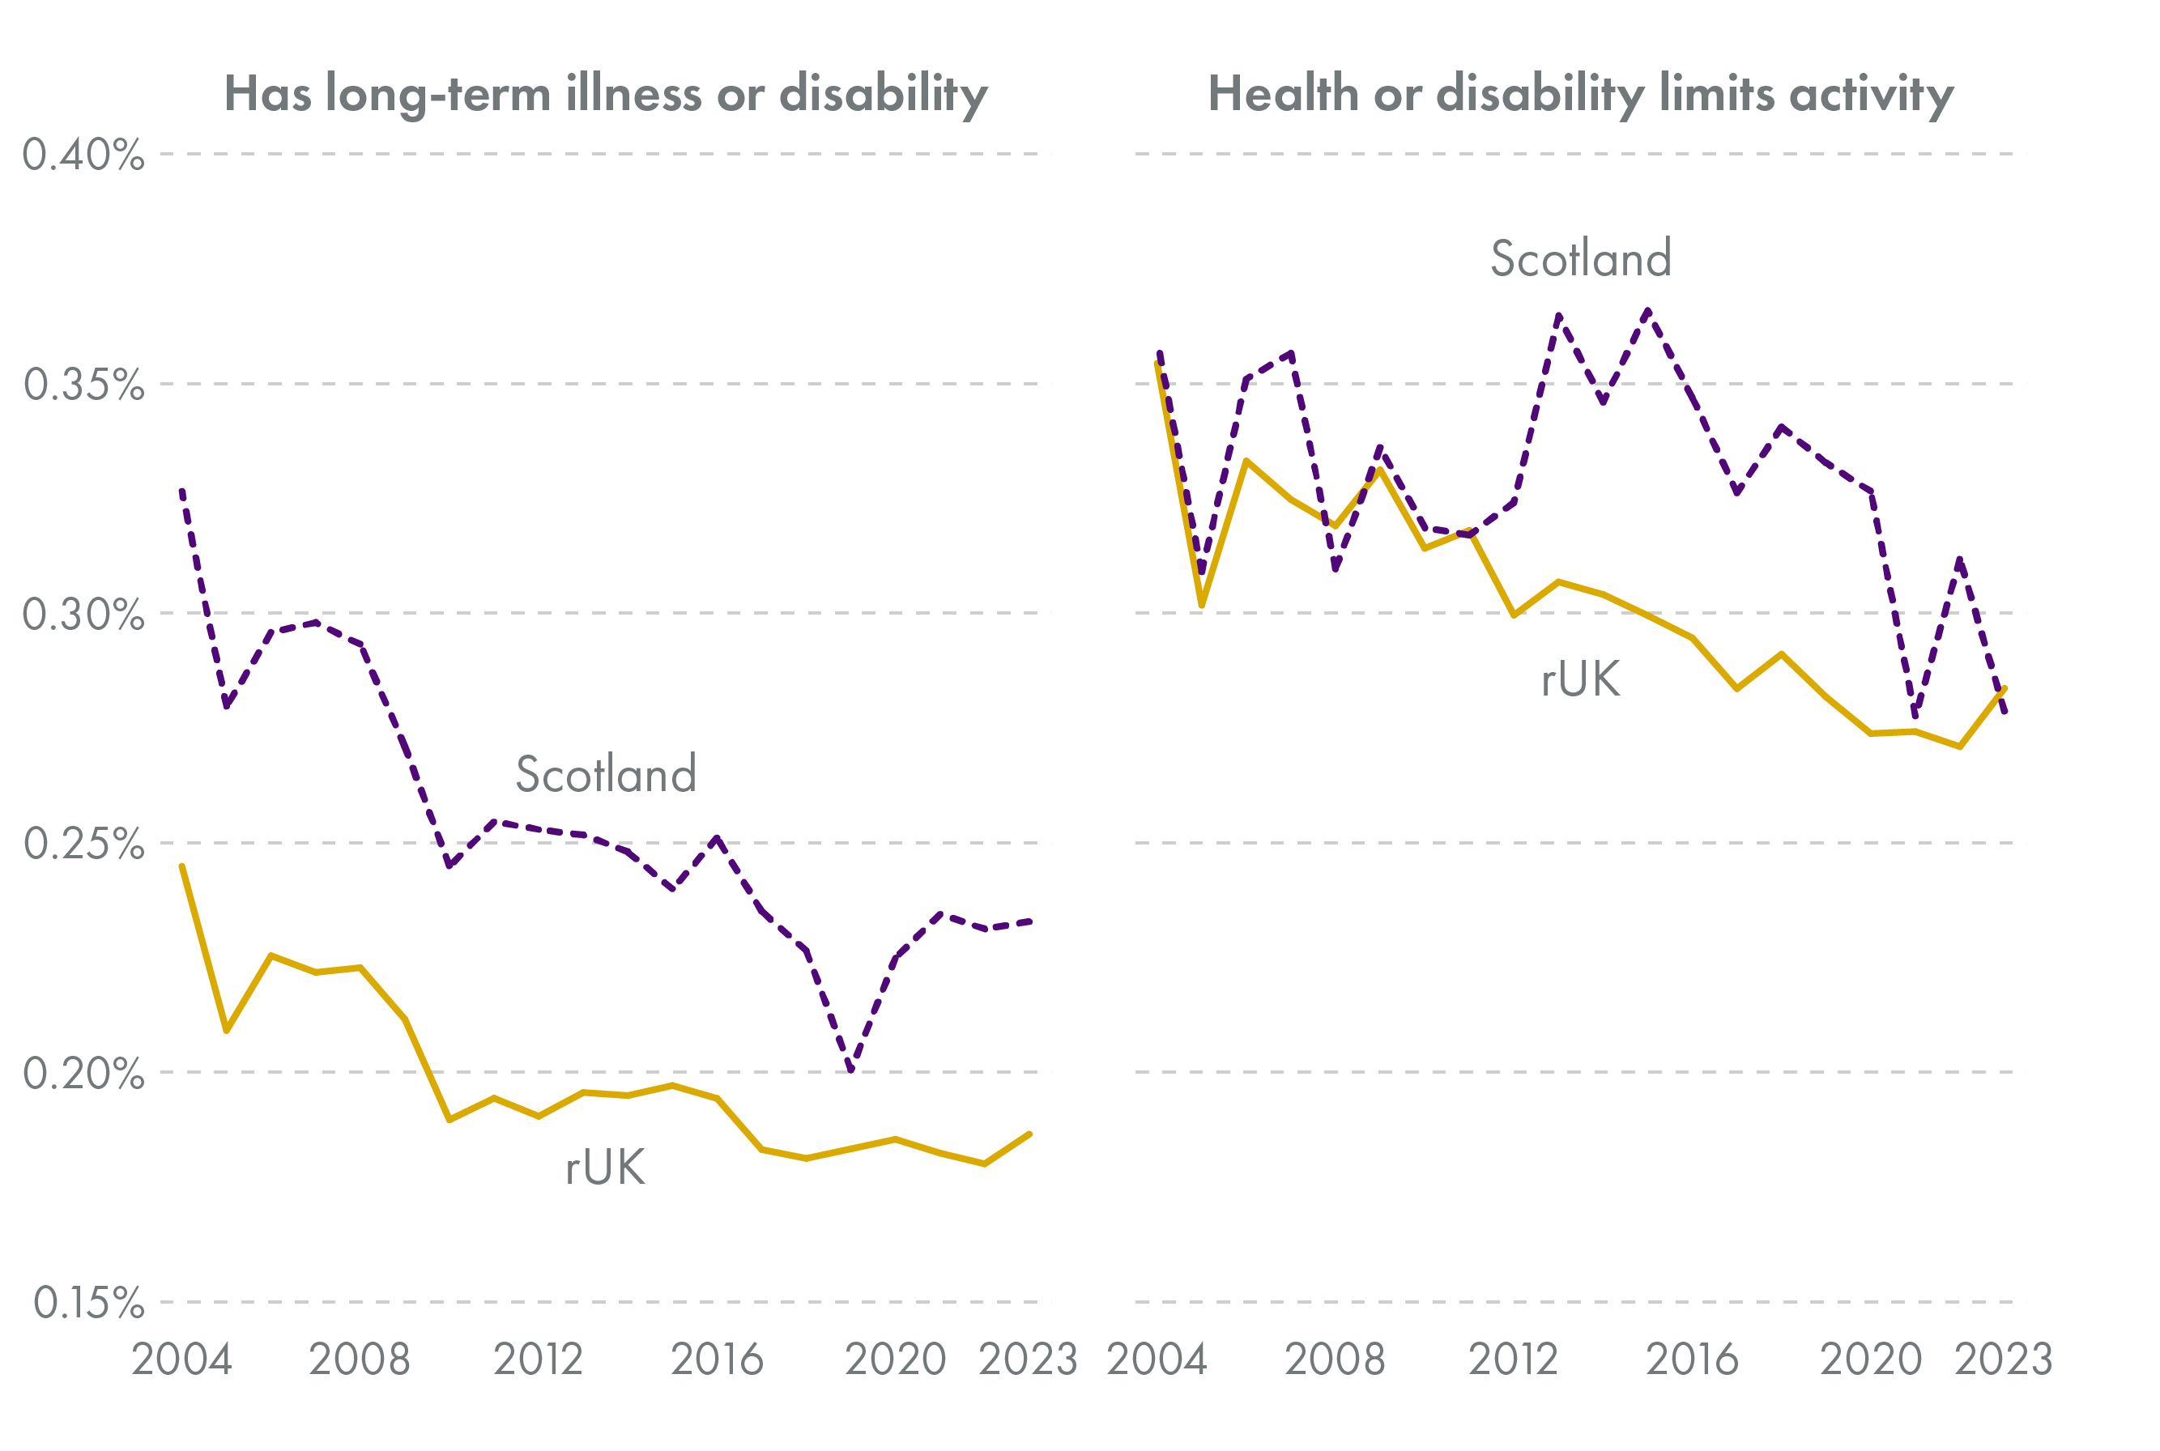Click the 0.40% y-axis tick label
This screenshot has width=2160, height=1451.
83,155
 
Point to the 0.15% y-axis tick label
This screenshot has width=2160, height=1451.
89,1303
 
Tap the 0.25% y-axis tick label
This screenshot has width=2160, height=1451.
83,844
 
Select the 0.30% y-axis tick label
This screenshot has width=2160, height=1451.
83,614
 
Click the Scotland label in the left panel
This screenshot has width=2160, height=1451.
605,775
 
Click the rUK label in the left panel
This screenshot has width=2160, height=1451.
605,1168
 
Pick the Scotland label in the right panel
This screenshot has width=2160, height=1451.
1581,259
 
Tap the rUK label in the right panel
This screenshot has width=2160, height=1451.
1581,680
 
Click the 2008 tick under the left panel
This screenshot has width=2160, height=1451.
359,1360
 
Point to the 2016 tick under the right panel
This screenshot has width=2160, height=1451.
1692,1360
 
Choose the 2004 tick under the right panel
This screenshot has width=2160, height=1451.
1157,1360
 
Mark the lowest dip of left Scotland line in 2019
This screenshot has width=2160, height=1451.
851,1070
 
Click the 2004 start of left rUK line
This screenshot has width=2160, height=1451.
181,866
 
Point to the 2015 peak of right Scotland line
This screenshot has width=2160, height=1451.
1648,311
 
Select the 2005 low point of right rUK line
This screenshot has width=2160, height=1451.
1201,605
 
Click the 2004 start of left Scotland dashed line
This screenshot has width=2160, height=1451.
181,491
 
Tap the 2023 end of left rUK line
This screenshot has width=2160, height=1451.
1030,1134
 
